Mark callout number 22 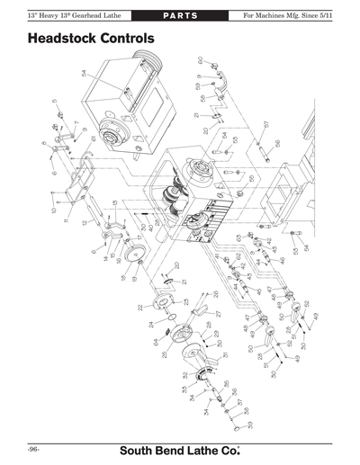(x=140, y=308)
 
